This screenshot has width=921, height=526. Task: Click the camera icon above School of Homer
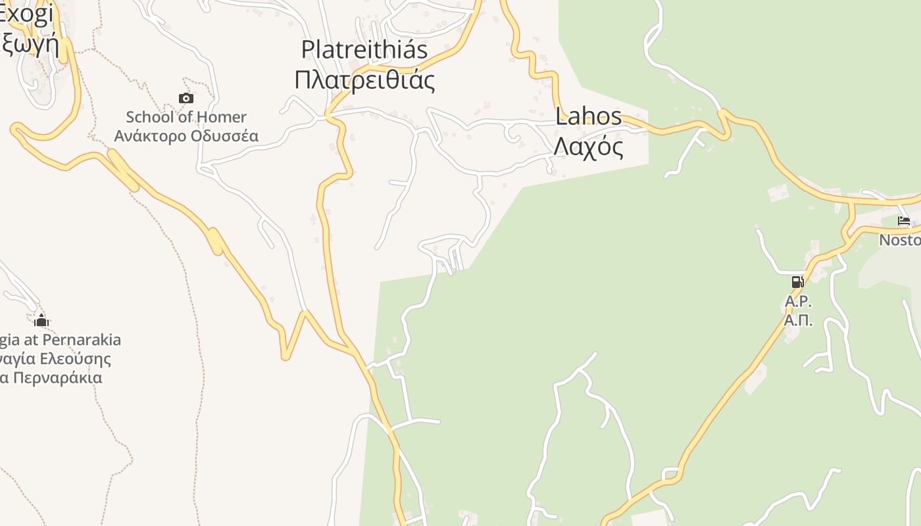186,99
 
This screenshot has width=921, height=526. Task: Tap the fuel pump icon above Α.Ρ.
797,282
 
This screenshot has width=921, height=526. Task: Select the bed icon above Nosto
904,222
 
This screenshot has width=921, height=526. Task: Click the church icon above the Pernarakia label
41,321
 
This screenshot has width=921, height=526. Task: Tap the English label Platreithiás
364,49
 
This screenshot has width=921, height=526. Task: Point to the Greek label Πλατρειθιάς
364,80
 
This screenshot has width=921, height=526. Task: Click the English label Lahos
588,116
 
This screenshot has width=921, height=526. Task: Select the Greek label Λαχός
588,147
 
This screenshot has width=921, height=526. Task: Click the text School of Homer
186,117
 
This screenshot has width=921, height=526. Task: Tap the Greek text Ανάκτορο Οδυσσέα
186,136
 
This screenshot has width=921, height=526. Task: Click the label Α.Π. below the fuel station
798,321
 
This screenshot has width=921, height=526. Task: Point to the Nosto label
900,240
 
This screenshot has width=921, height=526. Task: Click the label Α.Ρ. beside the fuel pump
798,302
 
